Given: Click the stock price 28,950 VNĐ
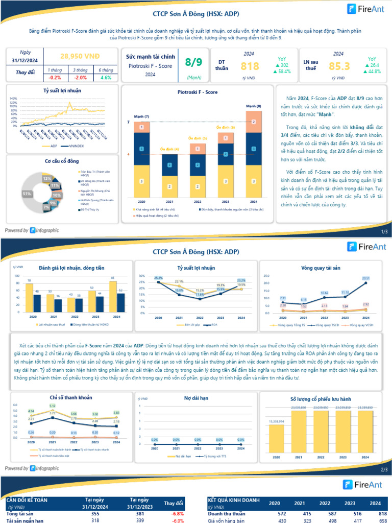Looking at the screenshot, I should [80, 56].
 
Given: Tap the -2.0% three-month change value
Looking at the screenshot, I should [80, 78].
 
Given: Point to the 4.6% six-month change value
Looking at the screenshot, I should [106, 78].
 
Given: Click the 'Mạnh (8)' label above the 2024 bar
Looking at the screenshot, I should [254, 106].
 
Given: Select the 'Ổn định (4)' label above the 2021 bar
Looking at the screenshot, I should [169, 149].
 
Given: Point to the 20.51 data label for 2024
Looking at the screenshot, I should [365, 278].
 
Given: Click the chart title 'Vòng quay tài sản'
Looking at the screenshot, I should [322, 268].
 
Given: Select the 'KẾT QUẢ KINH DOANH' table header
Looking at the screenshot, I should [234, 500].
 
